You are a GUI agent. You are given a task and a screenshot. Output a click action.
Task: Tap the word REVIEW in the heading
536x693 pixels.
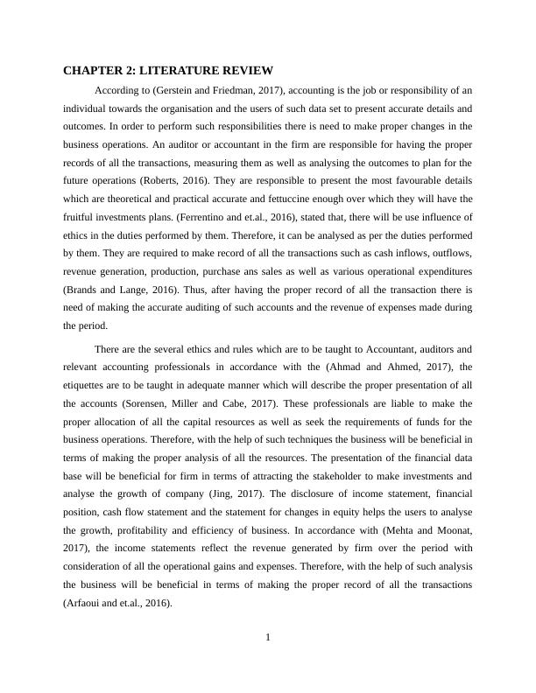[x=247, y=70]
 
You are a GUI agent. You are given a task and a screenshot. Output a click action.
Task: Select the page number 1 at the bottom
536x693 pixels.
[x=268, y=637]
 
